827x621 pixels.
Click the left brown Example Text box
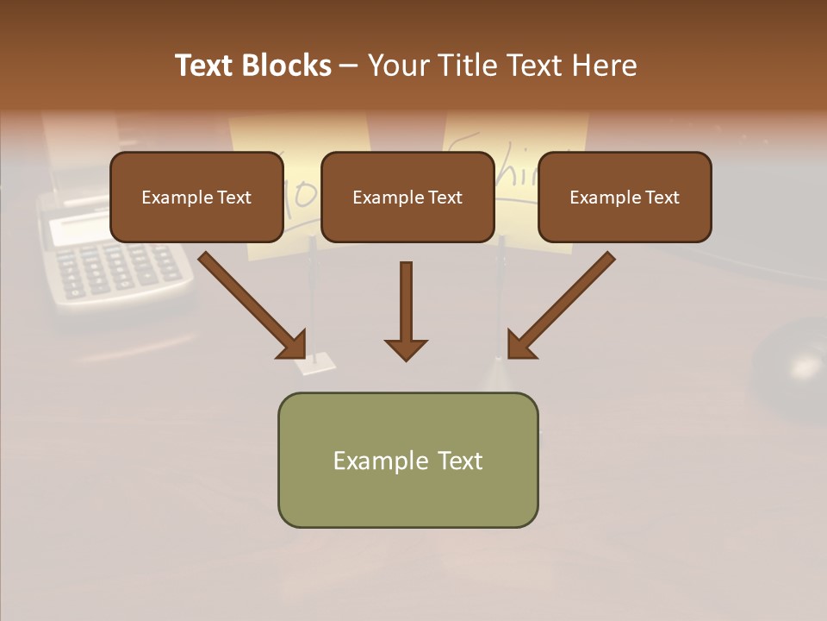pyautogui.click(x=196, y=198)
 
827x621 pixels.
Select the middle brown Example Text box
pyautogui.click(x=407, y=198)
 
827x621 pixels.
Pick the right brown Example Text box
pyautogui.click(x=625, y=198)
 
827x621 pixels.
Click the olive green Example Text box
pyautogui.click(x=407, y=461)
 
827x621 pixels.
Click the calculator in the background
pyautogui.click(x=112, y=254)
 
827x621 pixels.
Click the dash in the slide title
pyautogui.click(x=349, y=66)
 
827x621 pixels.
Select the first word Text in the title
pyautogui.click(x=204, y=66)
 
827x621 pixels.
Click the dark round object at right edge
pyautogui.click(x=793, y=362)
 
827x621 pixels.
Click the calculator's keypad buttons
pyautogui.click(x=121, y=267)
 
